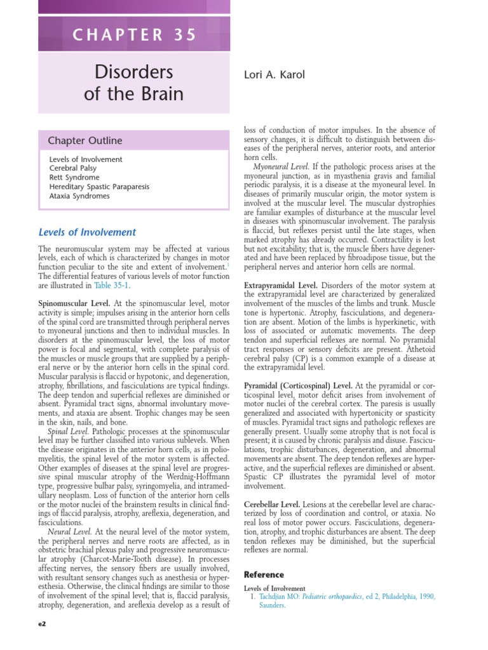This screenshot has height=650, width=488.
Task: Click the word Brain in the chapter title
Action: point(158,95)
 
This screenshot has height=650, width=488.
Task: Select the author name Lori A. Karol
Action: point(274,75)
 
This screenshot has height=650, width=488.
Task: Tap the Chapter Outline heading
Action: point(85,140)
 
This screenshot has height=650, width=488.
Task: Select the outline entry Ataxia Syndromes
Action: point(79,196)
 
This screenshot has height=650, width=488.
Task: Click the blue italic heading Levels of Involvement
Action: point(87,232)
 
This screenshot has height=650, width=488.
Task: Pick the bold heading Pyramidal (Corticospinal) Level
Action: point(299,385)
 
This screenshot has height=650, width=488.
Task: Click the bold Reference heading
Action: point(264,574)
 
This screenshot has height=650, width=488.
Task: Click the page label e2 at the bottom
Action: point(43,624)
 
